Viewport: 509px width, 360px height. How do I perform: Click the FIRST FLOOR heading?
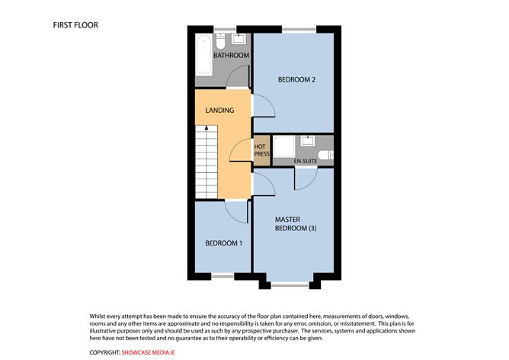[x=75, y=25]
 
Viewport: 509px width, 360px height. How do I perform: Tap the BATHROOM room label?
[x=231, y=55]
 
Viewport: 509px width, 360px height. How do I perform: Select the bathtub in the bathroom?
[x=204, y=55]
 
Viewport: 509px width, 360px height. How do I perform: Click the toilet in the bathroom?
[x=221, y=40]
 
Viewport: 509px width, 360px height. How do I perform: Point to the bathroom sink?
[x=239, y=39]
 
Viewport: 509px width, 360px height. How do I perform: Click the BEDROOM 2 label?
[x=296, y=79]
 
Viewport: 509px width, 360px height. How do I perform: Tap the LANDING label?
[x=219, y=111]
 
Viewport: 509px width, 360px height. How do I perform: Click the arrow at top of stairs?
[x=206, y=127]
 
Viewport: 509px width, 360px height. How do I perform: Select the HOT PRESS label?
[x=261, y=150]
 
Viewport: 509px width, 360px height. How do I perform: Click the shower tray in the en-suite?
[x=284, y=147]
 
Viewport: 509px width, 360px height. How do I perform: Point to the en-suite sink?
[x=307, y=140]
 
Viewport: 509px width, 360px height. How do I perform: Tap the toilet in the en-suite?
[x=325, y=155]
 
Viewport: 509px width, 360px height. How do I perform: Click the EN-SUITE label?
[x=306, y=161]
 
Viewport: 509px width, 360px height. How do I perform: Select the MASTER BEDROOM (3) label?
[x=296, y=224]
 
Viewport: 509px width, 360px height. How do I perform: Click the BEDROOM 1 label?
[x=224, y=243]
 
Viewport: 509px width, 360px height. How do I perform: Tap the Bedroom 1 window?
[x=222, y=276]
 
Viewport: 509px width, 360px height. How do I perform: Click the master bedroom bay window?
[x=290, y=285]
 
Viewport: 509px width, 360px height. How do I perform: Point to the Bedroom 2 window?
[x=299, y=30]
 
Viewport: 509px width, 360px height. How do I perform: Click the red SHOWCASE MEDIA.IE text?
[x=148, y=352]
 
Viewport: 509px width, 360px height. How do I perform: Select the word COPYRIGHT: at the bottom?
[x=105, y=352]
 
